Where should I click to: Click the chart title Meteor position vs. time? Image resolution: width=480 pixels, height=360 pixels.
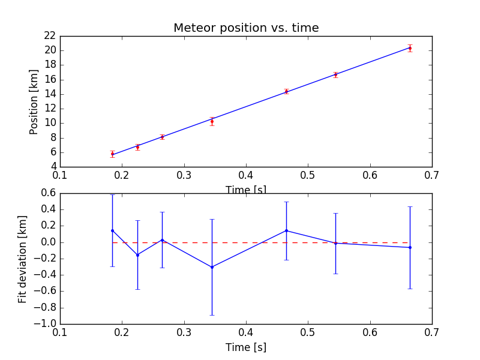click(x=246, y=28)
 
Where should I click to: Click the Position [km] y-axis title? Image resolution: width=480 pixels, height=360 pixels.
click(x=34, y=102)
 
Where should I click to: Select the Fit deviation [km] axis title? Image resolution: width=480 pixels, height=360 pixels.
click(x=23, y=258)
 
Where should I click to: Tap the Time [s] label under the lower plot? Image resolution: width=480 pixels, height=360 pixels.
click(x=246, y=347)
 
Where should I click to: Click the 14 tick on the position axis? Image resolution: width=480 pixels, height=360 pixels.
click(x=49, y=94)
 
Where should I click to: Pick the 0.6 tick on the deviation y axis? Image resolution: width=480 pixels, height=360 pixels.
click(x=48, y=193)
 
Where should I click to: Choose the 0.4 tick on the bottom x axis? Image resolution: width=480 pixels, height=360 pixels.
click(x=246, y=332)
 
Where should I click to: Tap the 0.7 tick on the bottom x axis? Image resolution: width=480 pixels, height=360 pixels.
click(x=431, y=332)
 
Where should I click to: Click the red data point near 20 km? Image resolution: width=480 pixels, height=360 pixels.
click(x=410, y=48)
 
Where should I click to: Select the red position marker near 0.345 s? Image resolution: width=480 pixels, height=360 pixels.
click(x=212, y=121)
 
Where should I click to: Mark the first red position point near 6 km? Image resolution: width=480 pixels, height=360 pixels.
click(x=112, y=154)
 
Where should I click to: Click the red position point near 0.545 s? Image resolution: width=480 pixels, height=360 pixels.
click(x=335, y=74)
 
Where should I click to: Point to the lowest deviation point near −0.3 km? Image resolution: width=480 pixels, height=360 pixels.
click(x=212, y=267)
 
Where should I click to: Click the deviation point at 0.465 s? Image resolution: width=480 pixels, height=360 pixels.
click(x=286, y=230)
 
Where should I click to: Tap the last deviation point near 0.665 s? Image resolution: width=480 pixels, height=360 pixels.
click(x=410, y=247)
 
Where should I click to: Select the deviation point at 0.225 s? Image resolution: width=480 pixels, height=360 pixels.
click(x=137, y=255)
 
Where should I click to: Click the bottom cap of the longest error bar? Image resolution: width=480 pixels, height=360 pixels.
click(x=212, y=315)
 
